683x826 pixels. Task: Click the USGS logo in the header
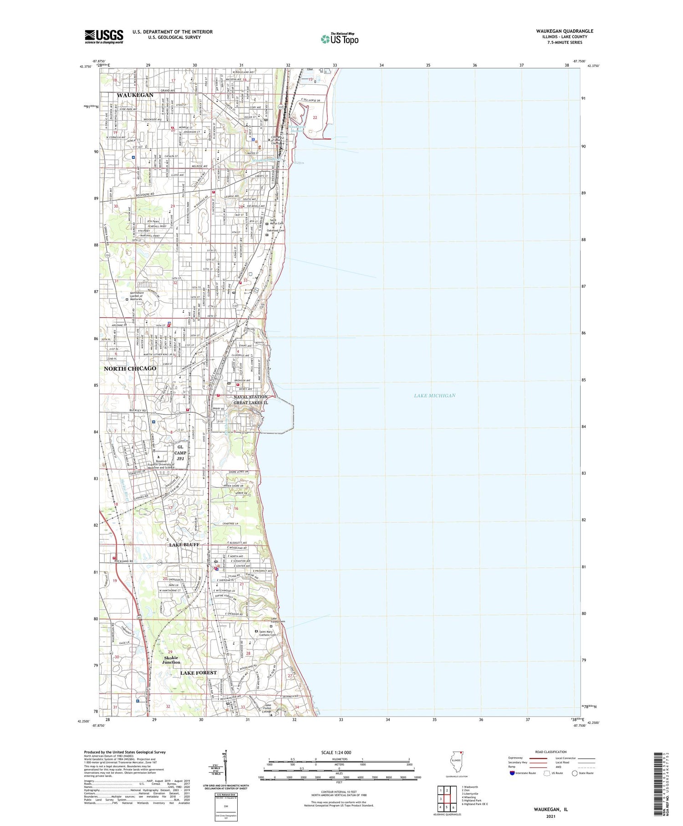coord(104,36)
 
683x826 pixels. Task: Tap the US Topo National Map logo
coord(339,39)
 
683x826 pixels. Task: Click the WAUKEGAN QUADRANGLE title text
coord(564,31)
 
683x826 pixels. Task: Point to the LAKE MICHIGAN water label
coord(434,395)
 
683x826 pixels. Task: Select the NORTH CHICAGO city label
coord(130,368)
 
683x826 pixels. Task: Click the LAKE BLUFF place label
coord(184,545)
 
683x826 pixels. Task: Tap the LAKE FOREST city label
coord(198,672)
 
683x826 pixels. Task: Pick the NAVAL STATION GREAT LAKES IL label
coord(250,400)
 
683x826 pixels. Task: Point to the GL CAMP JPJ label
coord(180,453)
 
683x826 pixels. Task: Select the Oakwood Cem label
coord(275,231)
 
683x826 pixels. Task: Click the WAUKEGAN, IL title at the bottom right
coord(550,809)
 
